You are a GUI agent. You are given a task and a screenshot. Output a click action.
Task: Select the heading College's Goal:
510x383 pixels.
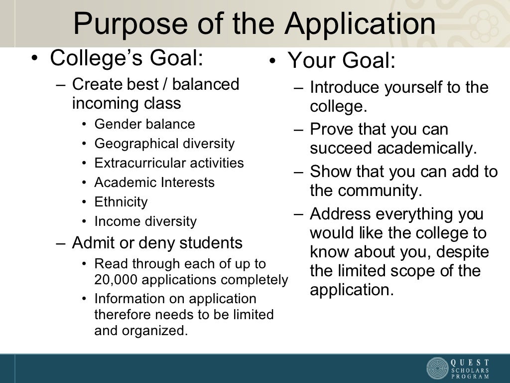(x=127, y=58)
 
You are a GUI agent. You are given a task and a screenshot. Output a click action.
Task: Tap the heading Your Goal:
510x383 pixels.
(x=342, y=61)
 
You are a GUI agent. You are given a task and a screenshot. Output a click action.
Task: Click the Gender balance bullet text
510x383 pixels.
(x=144, y=124)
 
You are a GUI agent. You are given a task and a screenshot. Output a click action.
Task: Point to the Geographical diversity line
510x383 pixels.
(x=164, y=144)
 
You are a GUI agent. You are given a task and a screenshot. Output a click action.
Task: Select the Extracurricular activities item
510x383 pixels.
(x=169, y=163)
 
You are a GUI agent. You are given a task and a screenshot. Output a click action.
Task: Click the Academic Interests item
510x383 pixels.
(x=154, y=183)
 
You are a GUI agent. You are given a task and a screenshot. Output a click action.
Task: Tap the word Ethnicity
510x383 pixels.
(x=121, y=202)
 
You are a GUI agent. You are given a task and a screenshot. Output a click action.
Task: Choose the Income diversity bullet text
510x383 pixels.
(x=145, y=221)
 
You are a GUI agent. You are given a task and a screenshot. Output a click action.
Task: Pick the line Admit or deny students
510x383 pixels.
(x=157, y=243)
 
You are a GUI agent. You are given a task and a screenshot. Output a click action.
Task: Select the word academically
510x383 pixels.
(x=427, y=148)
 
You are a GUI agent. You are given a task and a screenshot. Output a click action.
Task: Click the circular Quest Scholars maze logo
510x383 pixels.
(x=437, y=368)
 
